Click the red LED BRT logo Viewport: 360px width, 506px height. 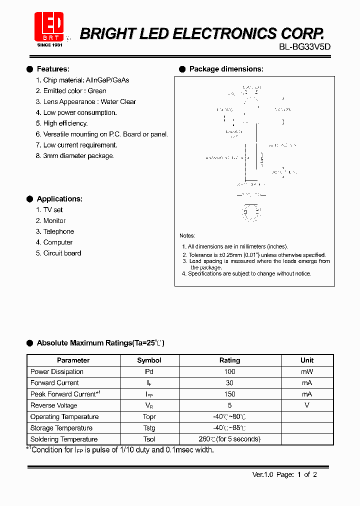click(x=49, y=27)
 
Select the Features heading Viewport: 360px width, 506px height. click(x=53, y=69)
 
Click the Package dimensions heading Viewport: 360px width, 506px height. click(x=226, y=69)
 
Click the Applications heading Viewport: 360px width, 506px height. click(x=59, y=199)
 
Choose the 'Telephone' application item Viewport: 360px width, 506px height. click(x=58, y=231)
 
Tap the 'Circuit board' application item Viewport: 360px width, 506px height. click(x=62, y=253)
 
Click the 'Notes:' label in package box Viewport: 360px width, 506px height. click(x=187, y=235)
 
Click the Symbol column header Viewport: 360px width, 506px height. click(x=149, y=360)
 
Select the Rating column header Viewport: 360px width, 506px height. click(x=229, y=360)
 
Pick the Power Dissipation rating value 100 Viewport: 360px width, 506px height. click(x=229, y=371)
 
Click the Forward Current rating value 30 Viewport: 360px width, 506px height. click(x=229, y=383)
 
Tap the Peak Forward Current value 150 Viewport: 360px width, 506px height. click(x=229, y=394)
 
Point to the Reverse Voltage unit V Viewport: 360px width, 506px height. click(x=307, y=405)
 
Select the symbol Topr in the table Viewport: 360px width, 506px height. click(x=149, y=416)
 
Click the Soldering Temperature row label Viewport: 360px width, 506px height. click(x=64, y=439)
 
